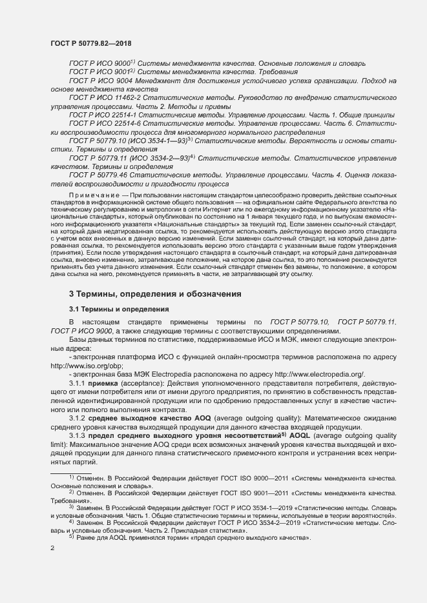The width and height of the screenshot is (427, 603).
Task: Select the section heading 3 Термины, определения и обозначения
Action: (155, 294)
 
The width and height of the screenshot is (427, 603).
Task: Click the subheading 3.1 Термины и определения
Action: (119, 309)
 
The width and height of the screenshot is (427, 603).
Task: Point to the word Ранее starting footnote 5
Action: (87, 537)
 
